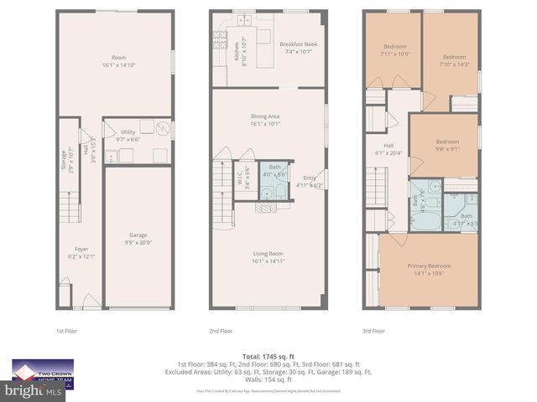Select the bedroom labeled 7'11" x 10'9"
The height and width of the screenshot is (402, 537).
394,49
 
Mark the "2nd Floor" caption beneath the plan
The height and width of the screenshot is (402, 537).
221,331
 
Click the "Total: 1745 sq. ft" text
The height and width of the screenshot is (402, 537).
268,356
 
